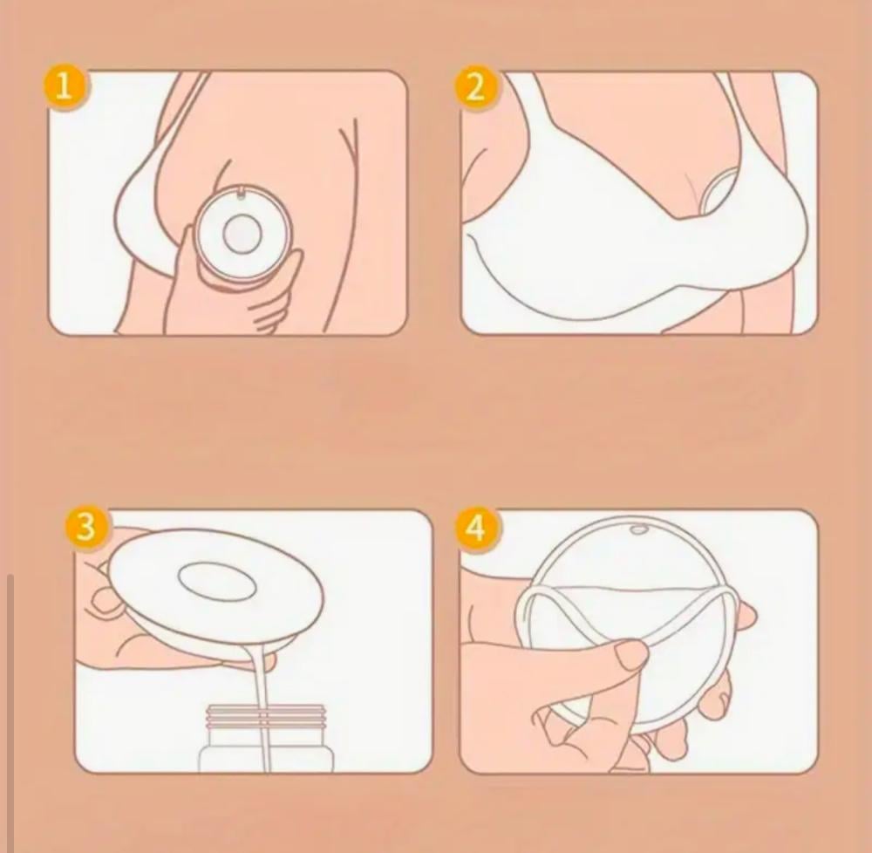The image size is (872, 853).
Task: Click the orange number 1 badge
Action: pos(65,88)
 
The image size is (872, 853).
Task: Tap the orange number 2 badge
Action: pos(474,88)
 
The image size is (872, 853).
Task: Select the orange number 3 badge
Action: pos(85,526)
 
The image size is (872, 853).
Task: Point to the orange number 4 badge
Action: pos(475,527)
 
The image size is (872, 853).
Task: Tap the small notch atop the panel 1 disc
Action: pos(241,194)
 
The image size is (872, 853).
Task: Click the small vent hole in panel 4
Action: pos(638,529)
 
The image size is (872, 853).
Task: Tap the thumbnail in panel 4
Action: pos(630,654)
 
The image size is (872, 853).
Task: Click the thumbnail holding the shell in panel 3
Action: pos(104,602)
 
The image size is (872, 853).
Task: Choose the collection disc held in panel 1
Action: pos(243,234)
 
